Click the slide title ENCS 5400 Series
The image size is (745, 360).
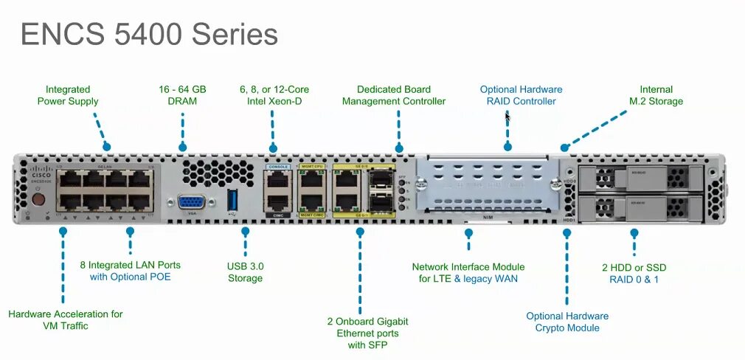click(149, 34)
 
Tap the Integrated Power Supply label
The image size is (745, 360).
click(68, 95)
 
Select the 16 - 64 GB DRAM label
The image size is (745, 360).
click(182, 95)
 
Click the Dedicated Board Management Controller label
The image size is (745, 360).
click(394, 95)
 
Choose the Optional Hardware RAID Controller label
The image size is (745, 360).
click(521, 95)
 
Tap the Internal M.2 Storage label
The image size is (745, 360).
click(656, 95)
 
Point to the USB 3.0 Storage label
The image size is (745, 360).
click(245, 271)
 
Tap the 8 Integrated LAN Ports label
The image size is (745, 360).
click(130, 270)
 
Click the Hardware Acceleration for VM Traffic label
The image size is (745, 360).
click(66, 319)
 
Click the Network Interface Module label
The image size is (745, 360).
click(468, 272)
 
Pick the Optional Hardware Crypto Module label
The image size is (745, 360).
click(567, 322)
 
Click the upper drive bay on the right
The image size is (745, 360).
click(641, 178)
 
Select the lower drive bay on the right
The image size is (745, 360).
click(641, 204)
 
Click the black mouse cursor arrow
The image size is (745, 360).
click(507, 117)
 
